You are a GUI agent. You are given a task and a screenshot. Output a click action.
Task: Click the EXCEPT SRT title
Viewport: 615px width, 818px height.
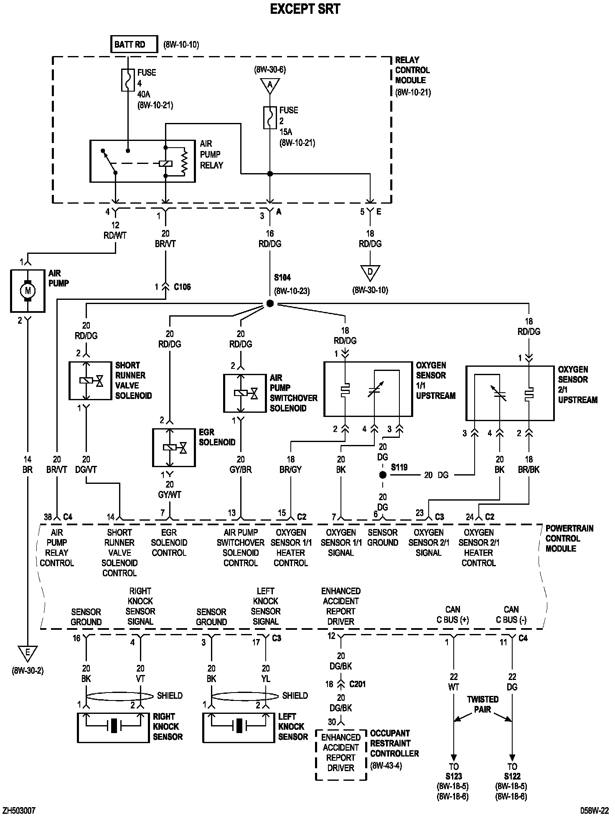click(x=305, y=9)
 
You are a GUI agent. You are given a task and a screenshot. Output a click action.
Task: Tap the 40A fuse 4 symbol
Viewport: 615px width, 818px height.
click(x=128, y=80)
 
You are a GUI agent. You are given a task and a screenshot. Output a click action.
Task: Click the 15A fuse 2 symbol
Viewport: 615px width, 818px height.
click(x=269, y=118)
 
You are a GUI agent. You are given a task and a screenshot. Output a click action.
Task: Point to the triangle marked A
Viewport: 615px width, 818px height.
click(x=269, y=85)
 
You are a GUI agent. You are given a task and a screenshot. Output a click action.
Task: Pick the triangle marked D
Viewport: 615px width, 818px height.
click(x=370, y=273)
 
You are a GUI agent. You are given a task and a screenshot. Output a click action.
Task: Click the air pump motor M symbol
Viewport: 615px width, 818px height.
click(x=28, y=290)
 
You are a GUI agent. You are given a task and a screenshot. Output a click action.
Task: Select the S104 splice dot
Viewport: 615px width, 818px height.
click(x=269, y=304)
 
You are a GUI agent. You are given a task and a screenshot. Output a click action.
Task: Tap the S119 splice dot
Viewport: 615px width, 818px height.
click(x=382, y=475)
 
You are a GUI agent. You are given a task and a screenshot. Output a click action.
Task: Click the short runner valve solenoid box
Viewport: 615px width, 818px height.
click(x=90, y=381)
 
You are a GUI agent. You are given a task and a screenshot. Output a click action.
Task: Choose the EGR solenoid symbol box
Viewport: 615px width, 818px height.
click(x=173, y=447)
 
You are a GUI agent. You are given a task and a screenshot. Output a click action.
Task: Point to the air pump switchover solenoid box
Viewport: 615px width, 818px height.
click(x=244, y=393)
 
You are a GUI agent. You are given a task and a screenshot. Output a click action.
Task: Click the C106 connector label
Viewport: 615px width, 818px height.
click(x=182, y=287)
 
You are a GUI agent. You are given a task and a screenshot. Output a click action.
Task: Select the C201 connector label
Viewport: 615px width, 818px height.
click(x=357, y=684)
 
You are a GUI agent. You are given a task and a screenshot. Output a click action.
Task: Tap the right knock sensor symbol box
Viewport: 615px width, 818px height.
click(x=113, y=728)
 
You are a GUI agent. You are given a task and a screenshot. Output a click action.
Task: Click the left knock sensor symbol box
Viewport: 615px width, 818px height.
click(x=239, y=728)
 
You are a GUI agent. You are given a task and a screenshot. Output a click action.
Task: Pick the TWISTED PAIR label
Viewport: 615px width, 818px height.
click(x=483, y=704)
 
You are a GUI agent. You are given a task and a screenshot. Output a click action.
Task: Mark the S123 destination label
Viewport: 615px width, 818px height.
click(x=453, y=777)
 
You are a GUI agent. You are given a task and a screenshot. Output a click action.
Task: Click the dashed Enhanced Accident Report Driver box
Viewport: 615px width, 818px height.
click(x=341, y=755)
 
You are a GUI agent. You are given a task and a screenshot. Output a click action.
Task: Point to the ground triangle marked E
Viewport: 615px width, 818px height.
click(x=28, y=653)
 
